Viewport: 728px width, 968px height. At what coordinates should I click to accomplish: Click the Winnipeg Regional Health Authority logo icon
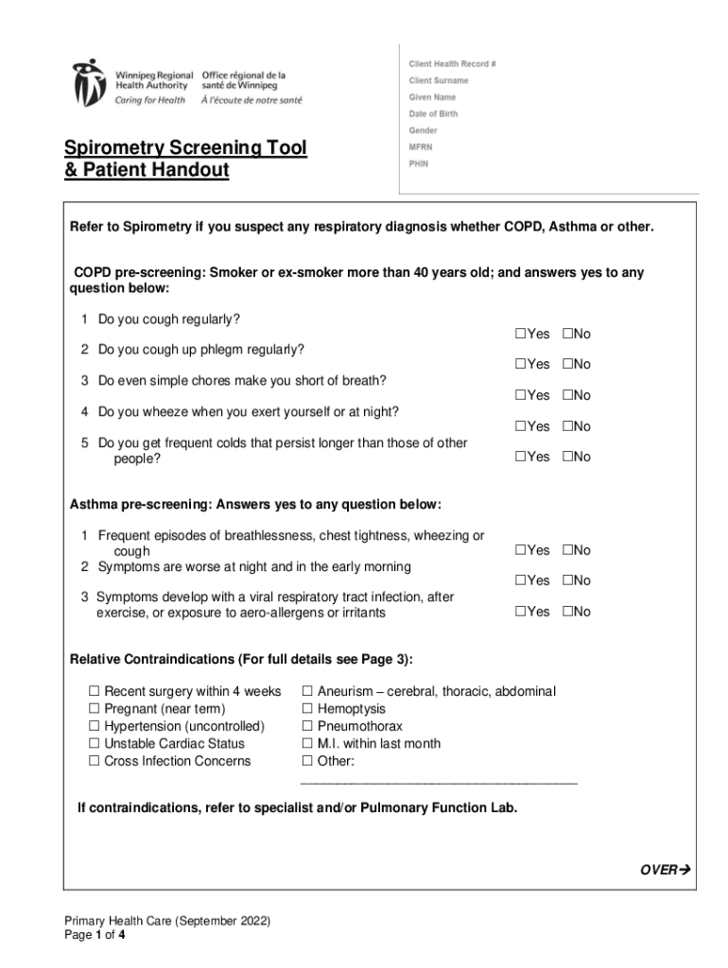click(90, 82)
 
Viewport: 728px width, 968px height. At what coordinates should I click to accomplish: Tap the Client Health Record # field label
click(452, 63)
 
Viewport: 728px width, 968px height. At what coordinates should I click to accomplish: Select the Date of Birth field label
click(433, 113)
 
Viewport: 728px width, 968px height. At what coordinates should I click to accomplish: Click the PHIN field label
click(419, 163)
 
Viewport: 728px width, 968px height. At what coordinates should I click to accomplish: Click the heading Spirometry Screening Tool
click(185, 148)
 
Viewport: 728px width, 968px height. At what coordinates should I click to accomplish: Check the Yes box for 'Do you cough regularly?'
click(520, 334)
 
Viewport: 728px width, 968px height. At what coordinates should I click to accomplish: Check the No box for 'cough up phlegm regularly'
click(567, 364)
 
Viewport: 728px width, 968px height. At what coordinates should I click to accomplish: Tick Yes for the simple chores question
click(520, 395)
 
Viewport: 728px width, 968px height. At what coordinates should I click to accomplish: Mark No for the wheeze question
click(567, 426)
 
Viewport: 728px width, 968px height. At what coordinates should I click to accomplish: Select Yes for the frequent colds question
click(520, 457)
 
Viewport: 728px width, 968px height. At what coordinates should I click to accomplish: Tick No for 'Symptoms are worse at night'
click(567, 580)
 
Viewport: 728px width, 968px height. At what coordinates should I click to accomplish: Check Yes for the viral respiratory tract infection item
click(520, 612)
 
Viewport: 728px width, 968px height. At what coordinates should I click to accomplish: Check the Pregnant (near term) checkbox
click(95, 709)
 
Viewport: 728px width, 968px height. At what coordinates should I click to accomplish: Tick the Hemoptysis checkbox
click(306, 709)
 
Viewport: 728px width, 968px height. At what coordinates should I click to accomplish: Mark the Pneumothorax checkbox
click(306, 726)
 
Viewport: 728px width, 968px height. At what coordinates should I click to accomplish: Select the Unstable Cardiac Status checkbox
click(95, 744)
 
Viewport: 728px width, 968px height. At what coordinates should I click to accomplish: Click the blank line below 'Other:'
click(438, 782)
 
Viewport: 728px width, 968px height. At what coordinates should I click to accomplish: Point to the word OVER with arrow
click(667, 871)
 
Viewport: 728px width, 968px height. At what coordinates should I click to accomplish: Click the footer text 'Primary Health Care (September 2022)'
click(167, 921)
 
